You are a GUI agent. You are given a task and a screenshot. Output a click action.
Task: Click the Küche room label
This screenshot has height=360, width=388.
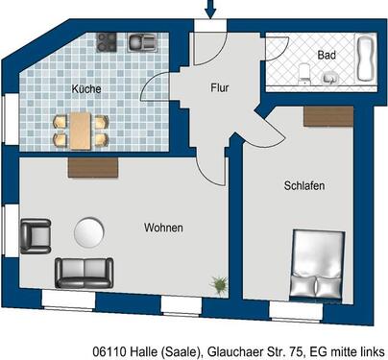(86, 89)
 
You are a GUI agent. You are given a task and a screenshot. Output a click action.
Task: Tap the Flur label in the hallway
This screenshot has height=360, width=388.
(220, 87)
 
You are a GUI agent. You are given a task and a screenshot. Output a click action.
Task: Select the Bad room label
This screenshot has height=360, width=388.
(327, 56)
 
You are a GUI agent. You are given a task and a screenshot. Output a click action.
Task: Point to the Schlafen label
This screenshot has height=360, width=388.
(303, 184)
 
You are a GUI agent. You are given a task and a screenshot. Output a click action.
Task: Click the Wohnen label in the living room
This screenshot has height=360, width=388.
(163, 228)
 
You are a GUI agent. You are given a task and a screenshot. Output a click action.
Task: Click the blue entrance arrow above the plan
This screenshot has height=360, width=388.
(211, 10)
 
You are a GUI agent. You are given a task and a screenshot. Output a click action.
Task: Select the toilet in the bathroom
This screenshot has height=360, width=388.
(303, 68)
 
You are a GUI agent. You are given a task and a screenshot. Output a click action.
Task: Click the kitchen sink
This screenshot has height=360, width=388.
(145, 41)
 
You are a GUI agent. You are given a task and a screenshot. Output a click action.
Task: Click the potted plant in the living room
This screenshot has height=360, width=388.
(220, 284)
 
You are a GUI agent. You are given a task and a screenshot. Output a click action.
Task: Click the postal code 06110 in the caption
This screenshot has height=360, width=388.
(111, 352)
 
